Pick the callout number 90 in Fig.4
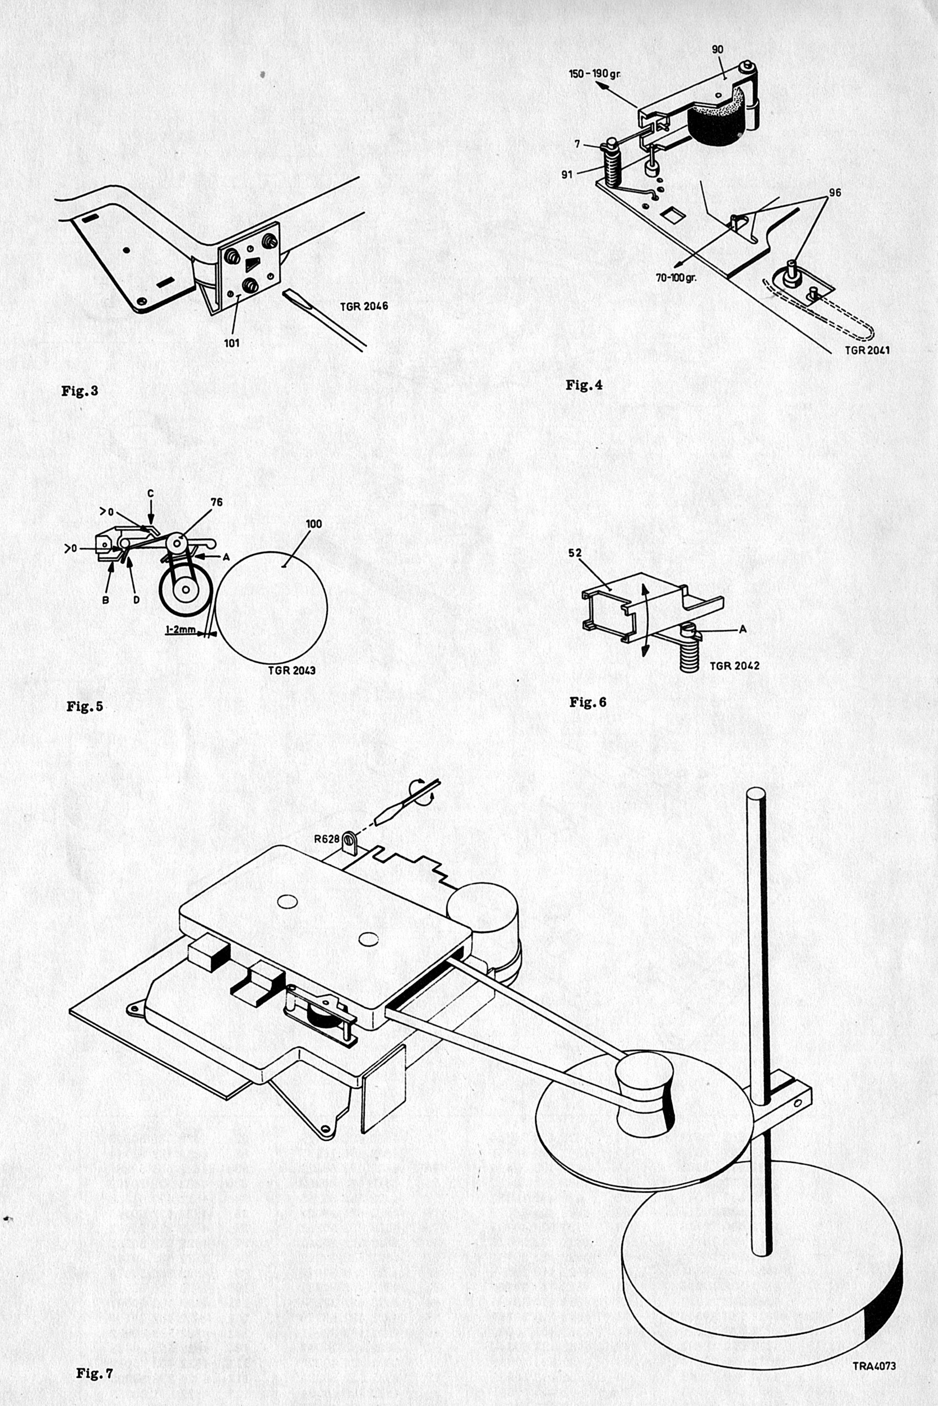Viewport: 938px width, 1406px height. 718,50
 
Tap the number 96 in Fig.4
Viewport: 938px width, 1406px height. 834,193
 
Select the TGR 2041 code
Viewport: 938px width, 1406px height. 867,350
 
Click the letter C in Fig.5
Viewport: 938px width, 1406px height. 150,493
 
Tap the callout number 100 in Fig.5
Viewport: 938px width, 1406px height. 313,524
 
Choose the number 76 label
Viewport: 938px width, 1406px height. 216,502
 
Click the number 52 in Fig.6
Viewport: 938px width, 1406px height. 575,554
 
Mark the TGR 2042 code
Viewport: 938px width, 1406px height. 734,666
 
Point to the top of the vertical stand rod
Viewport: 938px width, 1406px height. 755,793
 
